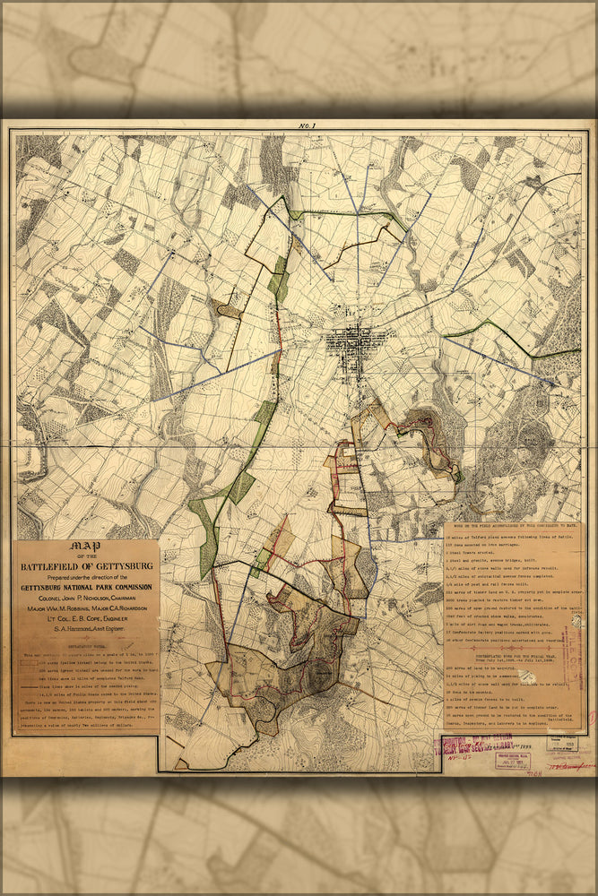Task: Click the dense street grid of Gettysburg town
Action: click(360, 340)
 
